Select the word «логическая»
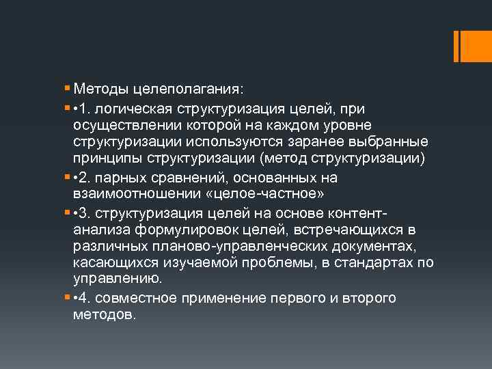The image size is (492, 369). coord(137,107)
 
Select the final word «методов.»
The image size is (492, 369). coord(105,316)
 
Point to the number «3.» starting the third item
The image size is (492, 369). coord(90,212)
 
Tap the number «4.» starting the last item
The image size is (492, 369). coord(90,298)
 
